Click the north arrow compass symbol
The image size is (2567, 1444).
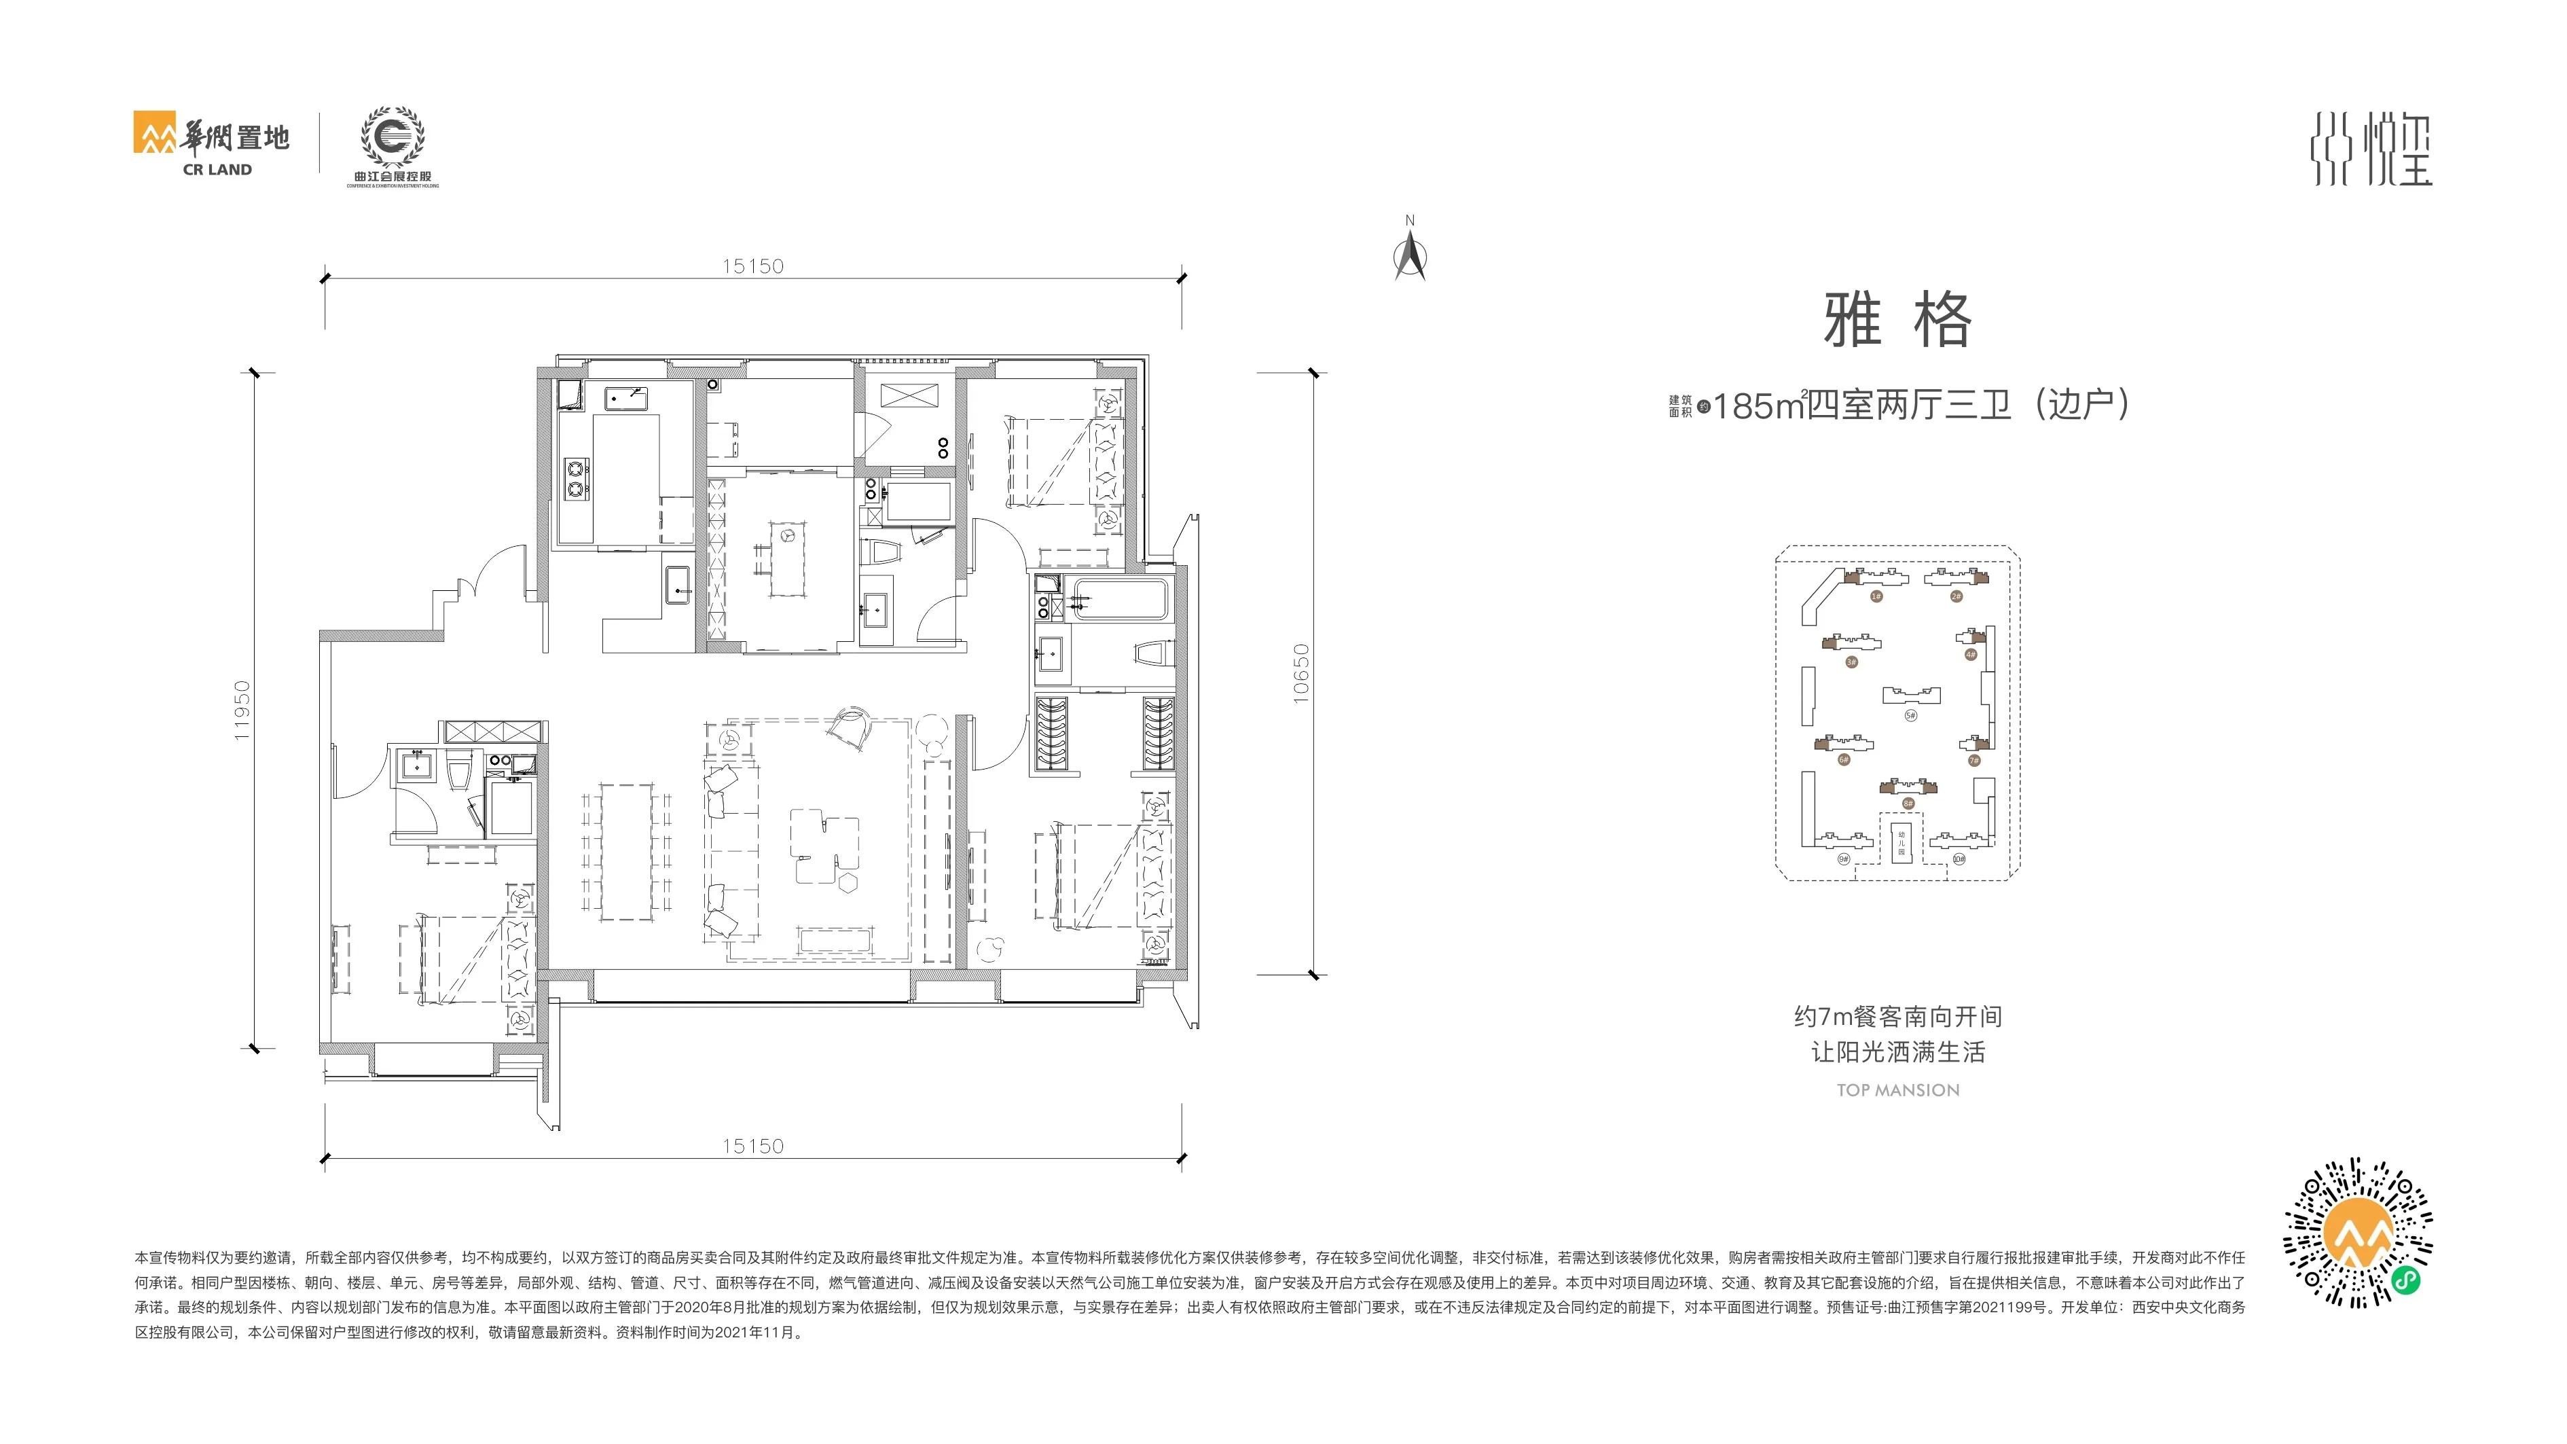1409,254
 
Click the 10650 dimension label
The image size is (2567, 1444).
1300,674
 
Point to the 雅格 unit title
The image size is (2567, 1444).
1896,321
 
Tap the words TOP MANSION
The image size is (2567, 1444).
1897,1090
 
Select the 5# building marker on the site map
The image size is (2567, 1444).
1910,715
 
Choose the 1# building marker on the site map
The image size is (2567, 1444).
1876,596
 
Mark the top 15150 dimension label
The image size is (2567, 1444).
752,266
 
